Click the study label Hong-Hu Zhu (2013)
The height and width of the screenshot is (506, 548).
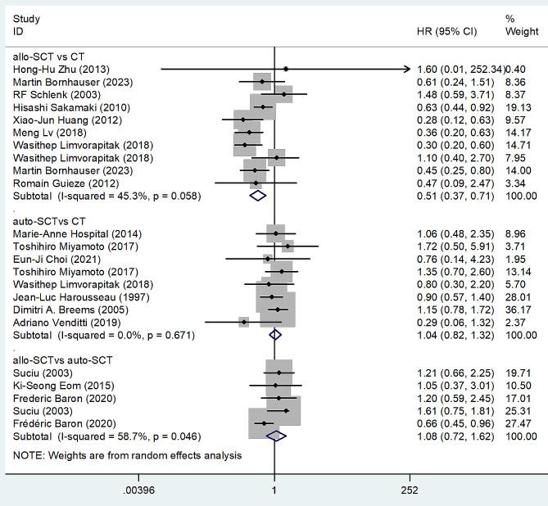[61, 70]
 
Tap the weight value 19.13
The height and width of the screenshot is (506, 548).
[521, 106]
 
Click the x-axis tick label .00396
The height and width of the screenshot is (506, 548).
[138, 490]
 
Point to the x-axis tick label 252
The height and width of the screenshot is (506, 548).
[410, 490]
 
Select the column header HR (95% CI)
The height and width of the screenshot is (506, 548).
[446, 30]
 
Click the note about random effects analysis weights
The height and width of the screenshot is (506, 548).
[127, 455]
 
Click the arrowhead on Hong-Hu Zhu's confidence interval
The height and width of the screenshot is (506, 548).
[407, 70]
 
